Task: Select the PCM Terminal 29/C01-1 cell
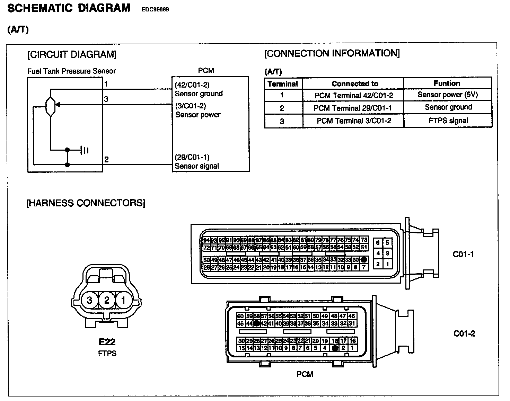click(x=353, y=108)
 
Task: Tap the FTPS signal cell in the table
click(x=448, y=121)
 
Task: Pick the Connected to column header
click(x=355, y=84)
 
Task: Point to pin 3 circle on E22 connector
click(x=90, y=300)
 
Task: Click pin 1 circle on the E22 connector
click(x=123, y=300)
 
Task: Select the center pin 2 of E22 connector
click(x=106, y=300)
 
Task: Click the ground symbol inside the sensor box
click(x=85, y=150)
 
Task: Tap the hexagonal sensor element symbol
click(x=51, y=106)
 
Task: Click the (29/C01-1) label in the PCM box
click(x=192, y=158)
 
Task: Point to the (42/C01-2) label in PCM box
click(x=192, y=85)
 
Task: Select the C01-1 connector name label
click(x=463, y=255)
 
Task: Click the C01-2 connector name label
click(x=464, y=334)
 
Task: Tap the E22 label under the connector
click(x=107, y=342)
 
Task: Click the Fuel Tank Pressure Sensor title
click(x=71, y=71)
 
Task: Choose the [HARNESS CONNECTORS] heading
click(x=86, y=203)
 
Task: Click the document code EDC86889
click(x=155, y=9)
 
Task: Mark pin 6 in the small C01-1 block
click(x=378, y=243)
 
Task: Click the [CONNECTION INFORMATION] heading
click(x=332, y=53)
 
